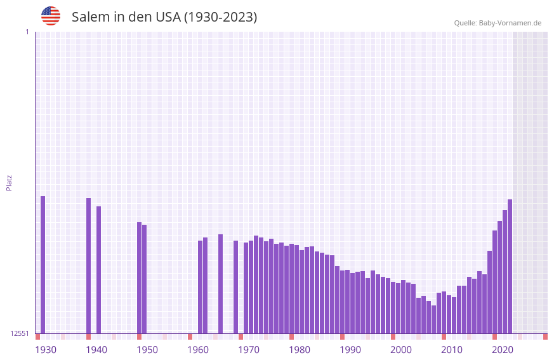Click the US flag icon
[51, 16]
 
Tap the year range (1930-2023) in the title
[220, 17]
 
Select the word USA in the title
[168, 17]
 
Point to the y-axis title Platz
[9, 183]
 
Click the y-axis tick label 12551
[20, 333]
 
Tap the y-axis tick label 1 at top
[27, 32]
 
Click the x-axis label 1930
[46, 350]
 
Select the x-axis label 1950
[147, 350]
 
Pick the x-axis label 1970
[249, 350]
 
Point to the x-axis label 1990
[350, 350]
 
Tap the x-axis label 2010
[452, 350]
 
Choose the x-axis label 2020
[503, 350]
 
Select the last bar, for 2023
[510, 267]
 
